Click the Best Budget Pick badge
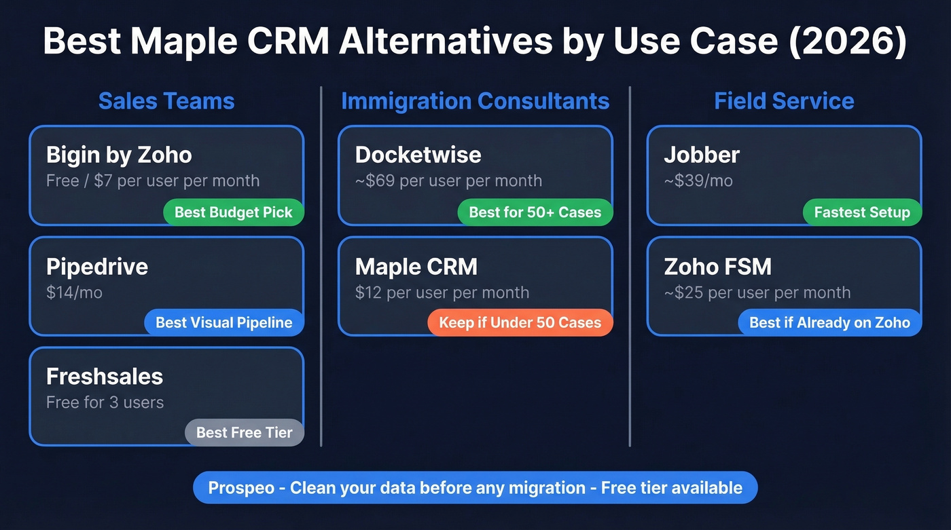pos(233,212)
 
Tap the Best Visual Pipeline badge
pos(224,322)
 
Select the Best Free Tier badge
pos(245,432)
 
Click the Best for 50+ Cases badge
pos(535,212)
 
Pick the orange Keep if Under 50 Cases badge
pos(520,322)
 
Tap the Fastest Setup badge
pos(862,212)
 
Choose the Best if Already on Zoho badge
pos(829,322)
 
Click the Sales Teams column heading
pos(166,101)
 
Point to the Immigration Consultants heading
pos(475,101)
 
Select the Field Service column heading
pos(784,101)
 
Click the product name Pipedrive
pos(97,266)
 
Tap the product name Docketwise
pos(418,155)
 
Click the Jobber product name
pos(702,155)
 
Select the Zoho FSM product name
pos(717,266)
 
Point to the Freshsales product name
pos(105,376)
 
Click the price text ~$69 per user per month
pos(448,181)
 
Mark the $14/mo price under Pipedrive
pos(74,292)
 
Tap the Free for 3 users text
pos(105,402)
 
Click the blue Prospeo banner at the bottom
pos(475,487)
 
